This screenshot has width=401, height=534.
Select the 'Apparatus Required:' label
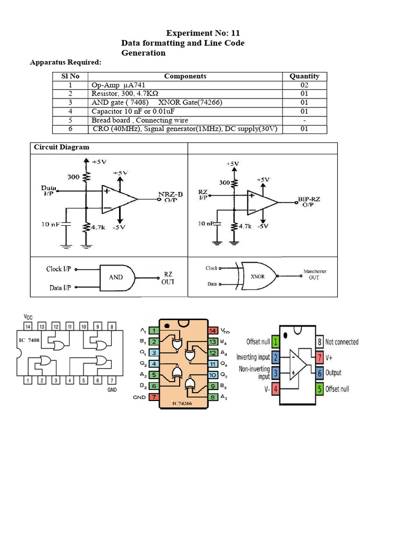point(65,63)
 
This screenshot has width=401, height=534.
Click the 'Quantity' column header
point(304,76)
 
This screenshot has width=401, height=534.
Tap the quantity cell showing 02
point(304,85)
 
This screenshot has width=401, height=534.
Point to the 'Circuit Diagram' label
point(62,147)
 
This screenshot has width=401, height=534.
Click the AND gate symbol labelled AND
point(117,277)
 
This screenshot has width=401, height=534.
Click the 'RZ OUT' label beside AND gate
point(168,277)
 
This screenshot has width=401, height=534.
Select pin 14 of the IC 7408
point(28,326)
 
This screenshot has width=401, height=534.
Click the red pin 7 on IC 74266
point(153,397)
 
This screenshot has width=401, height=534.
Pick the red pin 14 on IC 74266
point(213,331)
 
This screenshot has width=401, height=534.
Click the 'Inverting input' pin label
point(253,357)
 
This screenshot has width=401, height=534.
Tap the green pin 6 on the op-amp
point(319,373)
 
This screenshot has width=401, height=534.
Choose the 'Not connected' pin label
point(341,342)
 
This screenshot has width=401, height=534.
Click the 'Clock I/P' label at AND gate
point(59,269)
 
